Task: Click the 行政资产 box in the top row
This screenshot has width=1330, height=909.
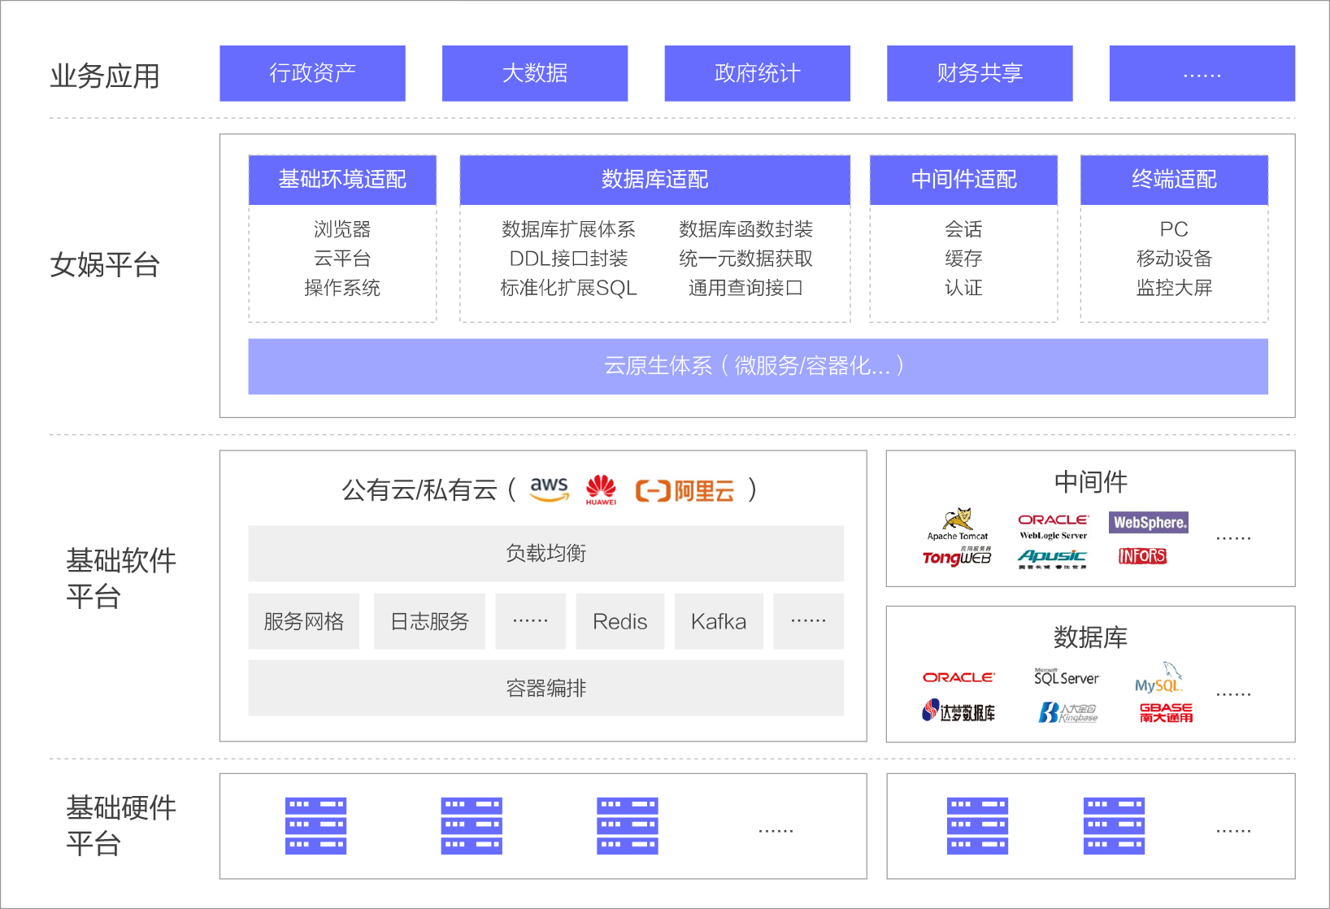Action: [x=312, y=73]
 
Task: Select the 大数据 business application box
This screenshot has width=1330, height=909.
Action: [x=535, y=73]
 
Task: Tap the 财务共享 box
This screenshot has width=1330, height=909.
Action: [x=980, y=73]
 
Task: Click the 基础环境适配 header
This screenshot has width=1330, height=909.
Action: [x=342, y=180]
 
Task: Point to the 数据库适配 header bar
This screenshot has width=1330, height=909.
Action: [x=654, y=180]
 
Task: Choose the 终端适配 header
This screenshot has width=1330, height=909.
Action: [x=1174, y=180]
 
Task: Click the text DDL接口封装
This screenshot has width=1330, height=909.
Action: [x=568, y=259]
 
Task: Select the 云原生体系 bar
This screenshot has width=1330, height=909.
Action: [x=758, y=367]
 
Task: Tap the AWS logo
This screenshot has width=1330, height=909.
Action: [x=550, y=489]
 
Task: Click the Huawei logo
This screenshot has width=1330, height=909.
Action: [x=601, y=489]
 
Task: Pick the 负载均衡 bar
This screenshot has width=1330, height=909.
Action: [x=545, y=554]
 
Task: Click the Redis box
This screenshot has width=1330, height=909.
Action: [x=619, y=622]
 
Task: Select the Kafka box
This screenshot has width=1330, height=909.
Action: [x=719, y=622]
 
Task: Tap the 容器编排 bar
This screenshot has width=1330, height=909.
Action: [x=545, y=689]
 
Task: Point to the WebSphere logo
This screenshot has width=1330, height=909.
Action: [x=1150, y=523]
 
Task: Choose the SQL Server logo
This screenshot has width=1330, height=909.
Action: [x=1066, y=677]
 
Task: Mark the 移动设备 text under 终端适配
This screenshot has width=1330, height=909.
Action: [x=1174, y=259]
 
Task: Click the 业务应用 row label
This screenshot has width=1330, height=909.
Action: [x=105, y=76]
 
